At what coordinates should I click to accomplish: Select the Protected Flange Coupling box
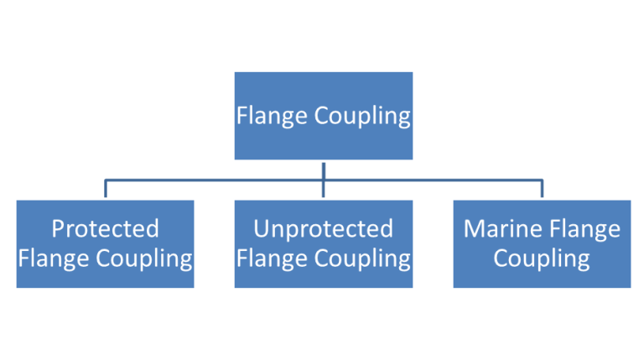(x=105, y=243)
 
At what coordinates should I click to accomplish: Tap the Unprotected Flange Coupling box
(x=323, y=243)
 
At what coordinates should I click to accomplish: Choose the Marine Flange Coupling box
(x=541, y=243)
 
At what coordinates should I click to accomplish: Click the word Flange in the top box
(x=267, y=115)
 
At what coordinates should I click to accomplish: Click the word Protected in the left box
(x=105, y=228)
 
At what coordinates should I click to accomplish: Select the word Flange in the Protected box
(x=49, y=258)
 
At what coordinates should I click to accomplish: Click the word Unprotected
(x=323, y=228)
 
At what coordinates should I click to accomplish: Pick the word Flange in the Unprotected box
(x=267, y=258)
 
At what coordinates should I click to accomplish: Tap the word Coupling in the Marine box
(x=541, y=258)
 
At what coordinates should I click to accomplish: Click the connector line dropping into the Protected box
(x=105, y=188)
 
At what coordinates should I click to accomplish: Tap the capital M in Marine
(x=472, y=228)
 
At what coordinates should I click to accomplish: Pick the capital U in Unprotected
(x=261, y=228)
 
